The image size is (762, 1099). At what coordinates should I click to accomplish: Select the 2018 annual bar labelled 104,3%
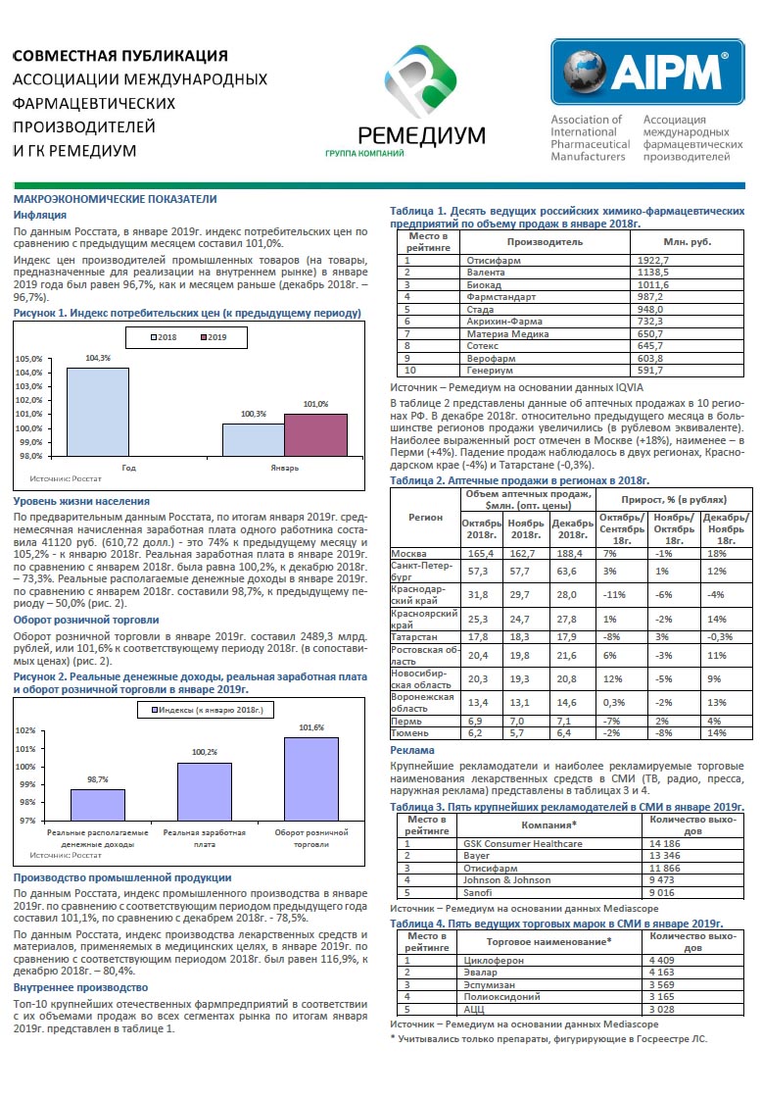(98, 412)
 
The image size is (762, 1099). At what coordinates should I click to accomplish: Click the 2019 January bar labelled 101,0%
(315, 435)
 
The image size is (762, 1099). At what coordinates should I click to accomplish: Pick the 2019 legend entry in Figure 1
(214, 337)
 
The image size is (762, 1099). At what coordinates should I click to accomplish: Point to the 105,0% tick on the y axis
(28, 359)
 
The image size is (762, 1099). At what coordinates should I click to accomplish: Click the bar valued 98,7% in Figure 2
(98, 805)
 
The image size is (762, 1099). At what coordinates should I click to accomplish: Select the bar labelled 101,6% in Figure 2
(311, 778)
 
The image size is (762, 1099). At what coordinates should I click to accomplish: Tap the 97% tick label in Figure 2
(27, 820)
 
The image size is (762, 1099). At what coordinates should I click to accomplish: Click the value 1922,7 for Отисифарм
(652, 260)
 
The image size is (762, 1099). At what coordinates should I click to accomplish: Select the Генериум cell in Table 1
(491, 370)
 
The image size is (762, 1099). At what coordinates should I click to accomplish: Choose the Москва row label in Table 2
(408, 554)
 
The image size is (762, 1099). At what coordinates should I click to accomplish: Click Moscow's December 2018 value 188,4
(569, 554)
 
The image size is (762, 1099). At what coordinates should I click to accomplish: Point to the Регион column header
(425, 518)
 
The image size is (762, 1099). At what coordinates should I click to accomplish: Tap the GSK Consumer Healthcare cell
(522, 844)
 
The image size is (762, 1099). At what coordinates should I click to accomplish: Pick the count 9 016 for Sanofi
(662, 893)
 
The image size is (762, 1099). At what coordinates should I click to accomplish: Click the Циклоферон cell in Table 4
(494, 960)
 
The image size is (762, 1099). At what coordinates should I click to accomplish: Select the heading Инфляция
(40, 215)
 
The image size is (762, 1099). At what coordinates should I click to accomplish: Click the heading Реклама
(411, 750)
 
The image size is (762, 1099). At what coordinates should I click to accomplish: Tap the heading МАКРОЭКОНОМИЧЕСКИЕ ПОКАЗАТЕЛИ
(115, 199)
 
